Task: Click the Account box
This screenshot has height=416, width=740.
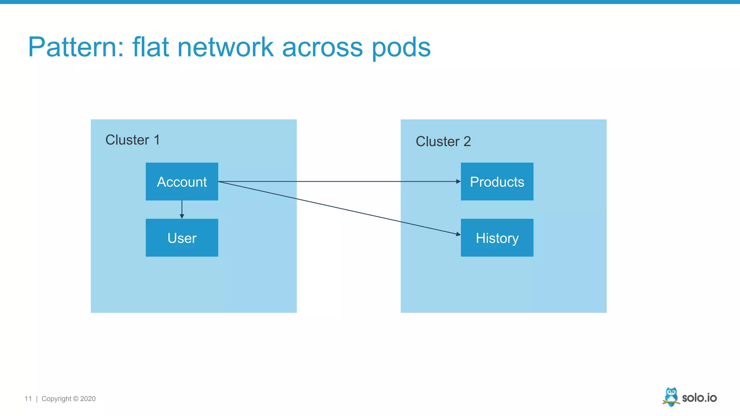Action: pos(182,182)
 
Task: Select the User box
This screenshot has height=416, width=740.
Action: pos(182,238)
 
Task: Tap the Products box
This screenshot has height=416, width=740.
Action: pos(497,182)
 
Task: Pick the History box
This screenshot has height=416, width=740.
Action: pos(497,238)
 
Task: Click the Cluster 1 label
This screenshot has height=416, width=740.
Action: pos(132,140)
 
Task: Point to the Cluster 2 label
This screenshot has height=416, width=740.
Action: pos(443,141)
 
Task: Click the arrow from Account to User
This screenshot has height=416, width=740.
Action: pos(182,209)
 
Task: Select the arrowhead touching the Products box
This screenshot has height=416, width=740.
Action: pos(458,181)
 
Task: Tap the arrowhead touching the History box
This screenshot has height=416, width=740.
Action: pos(458,234)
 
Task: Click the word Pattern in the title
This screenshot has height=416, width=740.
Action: pos(76,47)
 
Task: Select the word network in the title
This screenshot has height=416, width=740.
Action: pos(225,47)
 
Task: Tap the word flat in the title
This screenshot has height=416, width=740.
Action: pos(150,47)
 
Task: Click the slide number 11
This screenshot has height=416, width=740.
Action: pos(28,399)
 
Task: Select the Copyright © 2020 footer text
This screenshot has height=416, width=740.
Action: pos(68,399)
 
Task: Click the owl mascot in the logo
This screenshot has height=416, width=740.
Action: pos(671,396)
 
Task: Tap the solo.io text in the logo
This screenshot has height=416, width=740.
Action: pos(699,398)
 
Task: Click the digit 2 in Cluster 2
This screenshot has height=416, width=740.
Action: pos(467,141)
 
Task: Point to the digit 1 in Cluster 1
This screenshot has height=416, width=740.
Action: pos(156,140)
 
